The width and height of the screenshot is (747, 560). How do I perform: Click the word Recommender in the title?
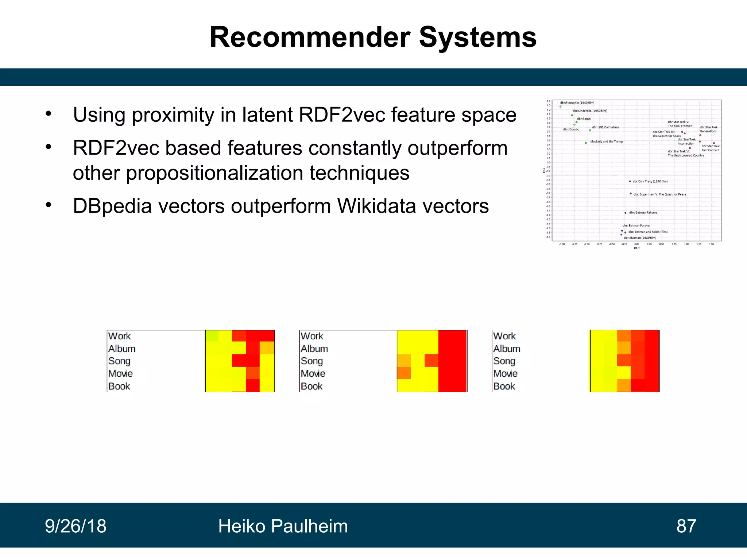click(x=310, y=38)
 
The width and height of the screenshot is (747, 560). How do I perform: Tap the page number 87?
click(x=686, y=526)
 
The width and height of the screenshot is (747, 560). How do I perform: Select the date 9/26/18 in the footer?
click(x=76, y=526)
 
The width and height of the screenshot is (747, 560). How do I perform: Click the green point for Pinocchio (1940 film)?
click(x=561, y=106)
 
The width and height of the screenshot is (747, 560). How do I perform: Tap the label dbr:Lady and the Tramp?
click(x=607, y=141)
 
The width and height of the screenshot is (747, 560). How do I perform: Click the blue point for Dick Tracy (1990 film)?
click(x=630, y=181)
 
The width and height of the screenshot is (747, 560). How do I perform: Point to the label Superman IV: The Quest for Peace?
click(x=660, y=194)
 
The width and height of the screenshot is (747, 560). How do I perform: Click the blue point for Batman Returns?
click(x=625, y=213)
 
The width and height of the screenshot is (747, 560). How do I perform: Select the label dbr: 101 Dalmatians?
click(x=605, y=127)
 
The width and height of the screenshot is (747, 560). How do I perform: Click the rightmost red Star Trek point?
click(x=714, y=143)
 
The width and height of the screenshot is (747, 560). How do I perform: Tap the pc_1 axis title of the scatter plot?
click(x=636, y=248)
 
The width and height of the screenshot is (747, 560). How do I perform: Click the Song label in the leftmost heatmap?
click(x=119, y=361)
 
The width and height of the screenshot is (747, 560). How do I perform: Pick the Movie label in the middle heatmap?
click(x=313, y=374)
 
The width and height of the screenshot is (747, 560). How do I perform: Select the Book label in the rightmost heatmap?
click(x=504, y=386)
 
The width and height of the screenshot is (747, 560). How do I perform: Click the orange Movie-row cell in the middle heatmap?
click(x=404, y=373)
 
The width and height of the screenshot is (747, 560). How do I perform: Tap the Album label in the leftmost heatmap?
click(x=122, y=349)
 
